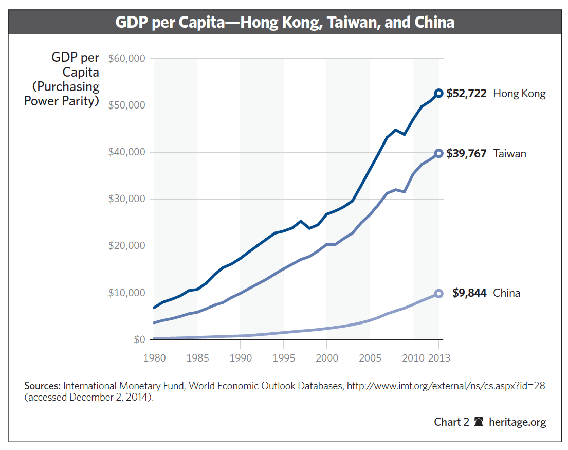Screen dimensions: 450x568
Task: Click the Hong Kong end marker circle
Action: (x=438, y=93)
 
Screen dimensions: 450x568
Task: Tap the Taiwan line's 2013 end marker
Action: (x=438, y=153)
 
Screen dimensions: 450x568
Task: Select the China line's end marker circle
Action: (x=438, y=293)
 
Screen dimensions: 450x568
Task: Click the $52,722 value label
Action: (x=466, y=94)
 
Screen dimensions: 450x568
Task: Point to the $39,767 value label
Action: (x=466, y=153)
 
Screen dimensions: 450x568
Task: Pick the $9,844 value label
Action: (x=469, y=293)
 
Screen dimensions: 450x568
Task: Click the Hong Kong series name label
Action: (x=519, y=94)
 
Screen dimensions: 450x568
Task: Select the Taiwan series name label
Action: (x=509, y=153)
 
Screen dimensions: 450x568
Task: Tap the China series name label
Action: (x=506, y=293)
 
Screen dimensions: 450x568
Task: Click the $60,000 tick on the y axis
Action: (x=127, y=58)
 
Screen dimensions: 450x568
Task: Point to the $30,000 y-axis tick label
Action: (x=127, y=199)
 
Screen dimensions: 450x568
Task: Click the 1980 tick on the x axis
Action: (x=154, y=358)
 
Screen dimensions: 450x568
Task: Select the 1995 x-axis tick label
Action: (x=283, y=358)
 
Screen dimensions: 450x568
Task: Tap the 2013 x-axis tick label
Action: (x=438, y=358)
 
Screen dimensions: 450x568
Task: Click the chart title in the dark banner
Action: (x=284, y=22)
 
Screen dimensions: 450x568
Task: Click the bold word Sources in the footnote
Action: (x=43, y=386)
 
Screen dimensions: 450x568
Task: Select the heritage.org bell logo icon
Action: (x=479, y=422)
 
